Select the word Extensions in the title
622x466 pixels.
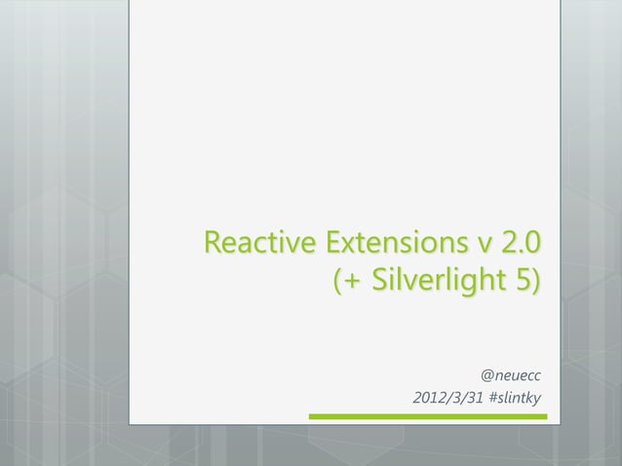click(395, 241)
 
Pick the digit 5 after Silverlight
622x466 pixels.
click(521, 283)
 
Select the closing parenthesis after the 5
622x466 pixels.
click(535, 284)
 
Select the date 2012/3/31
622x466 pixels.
click(450, 399)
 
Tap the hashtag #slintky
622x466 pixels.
click(517, 399)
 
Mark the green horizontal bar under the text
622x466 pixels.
click(428, 417)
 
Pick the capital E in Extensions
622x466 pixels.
click(336, 241)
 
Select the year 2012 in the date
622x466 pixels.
click(430, 399)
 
